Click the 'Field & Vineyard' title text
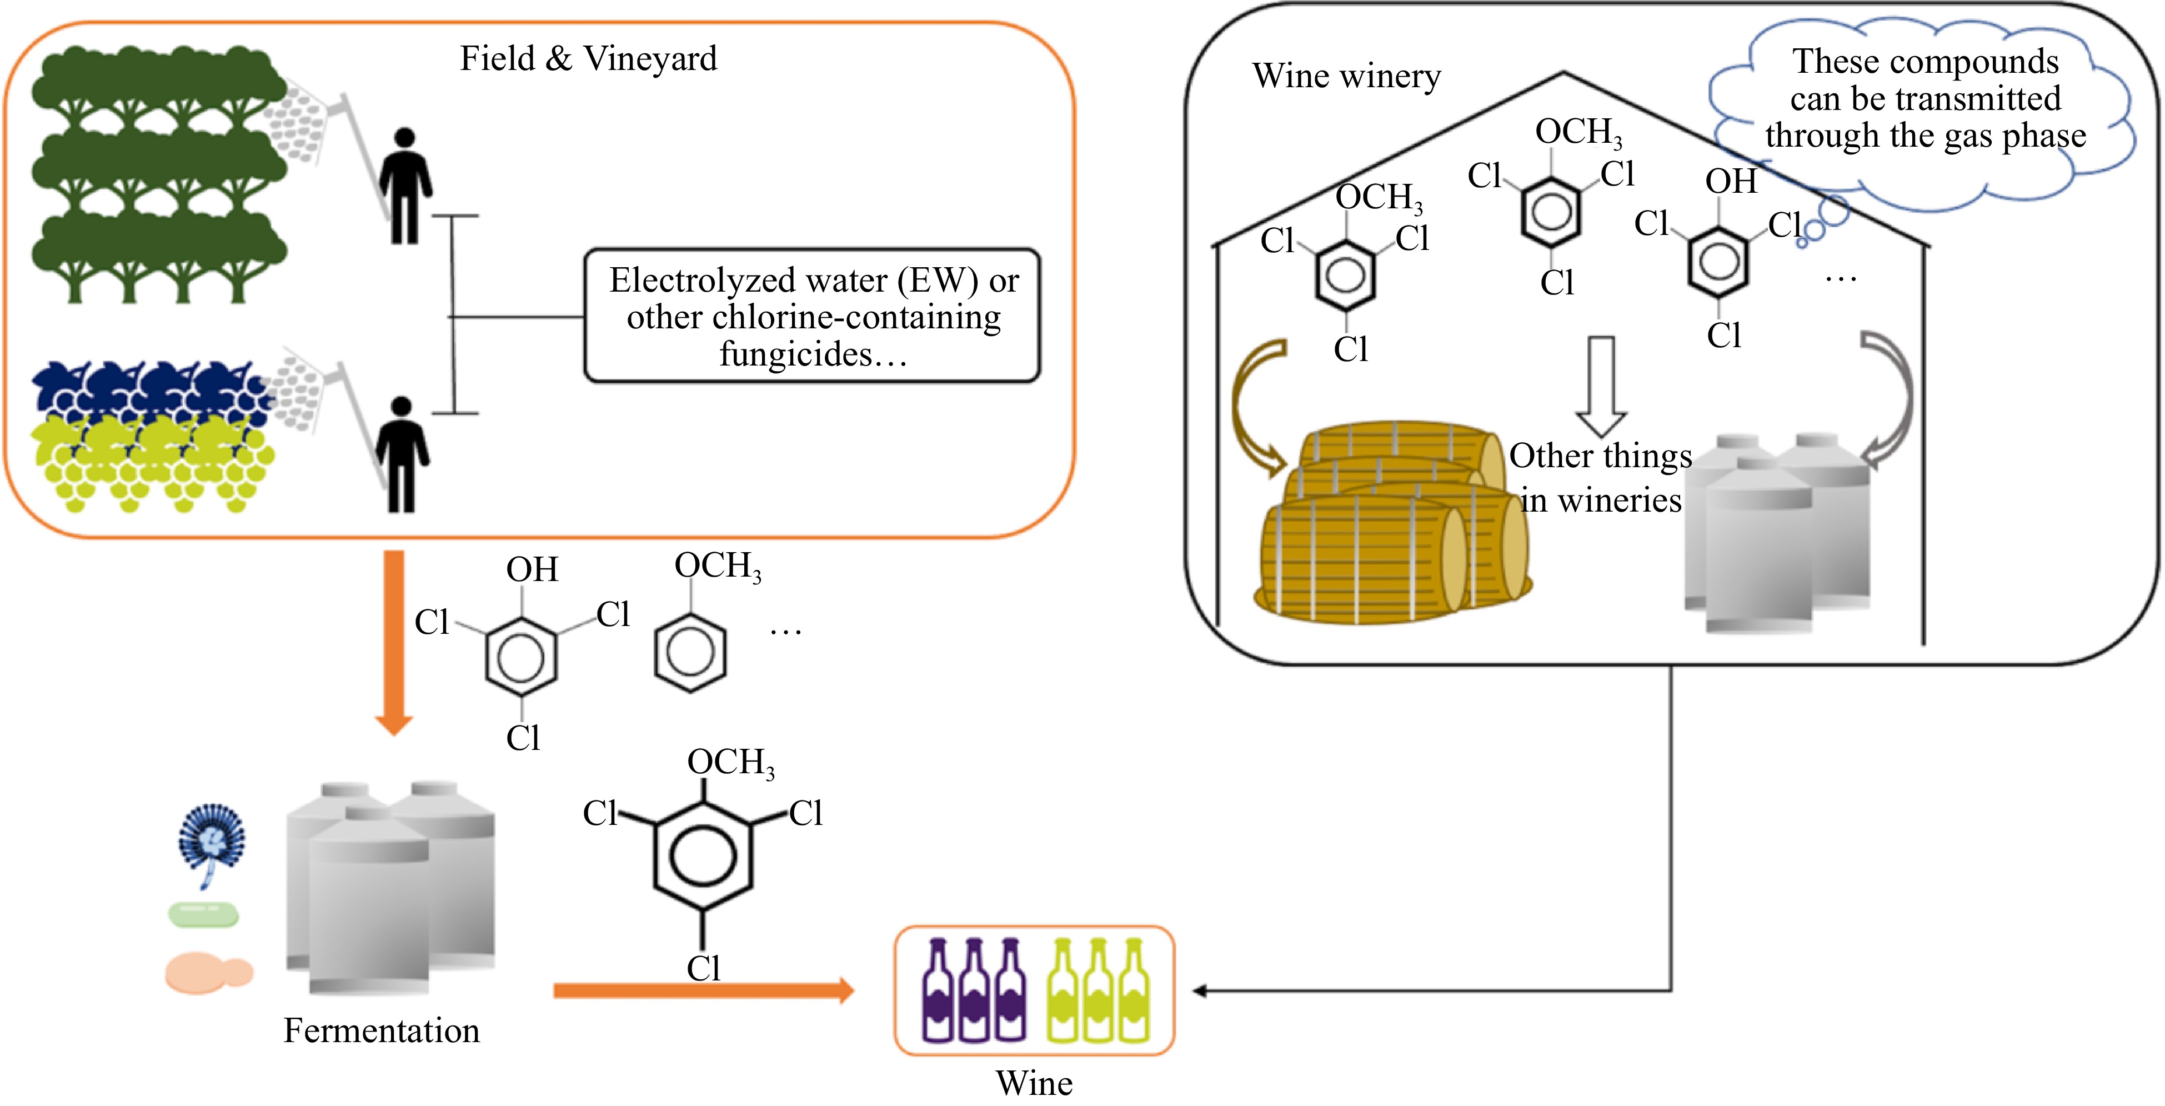tap(588, 59)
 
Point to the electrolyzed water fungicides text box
tap(812, 316)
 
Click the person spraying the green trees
tap(405, 187)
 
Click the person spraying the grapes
tap(402, 454)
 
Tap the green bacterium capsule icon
tap(203, 914)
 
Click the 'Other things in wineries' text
tap(1600, 477)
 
